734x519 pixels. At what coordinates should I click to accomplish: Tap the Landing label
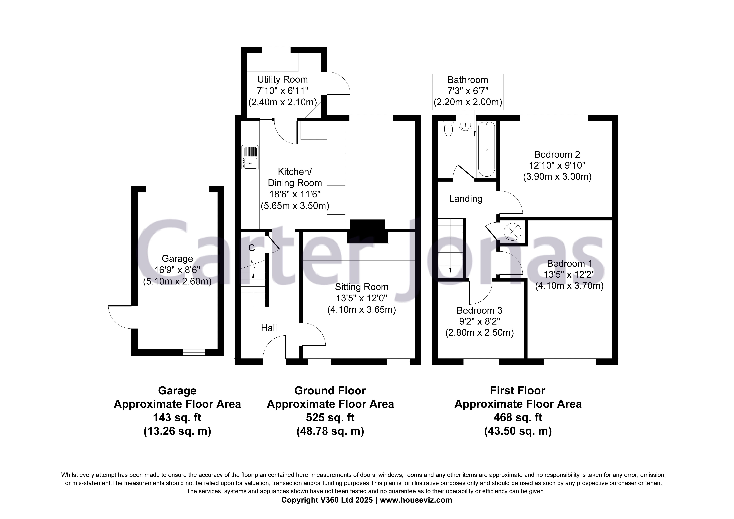point(466,199)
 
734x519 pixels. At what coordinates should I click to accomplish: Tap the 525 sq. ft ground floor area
point(330,418)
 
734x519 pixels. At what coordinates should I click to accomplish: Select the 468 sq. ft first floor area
point(518,418)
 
